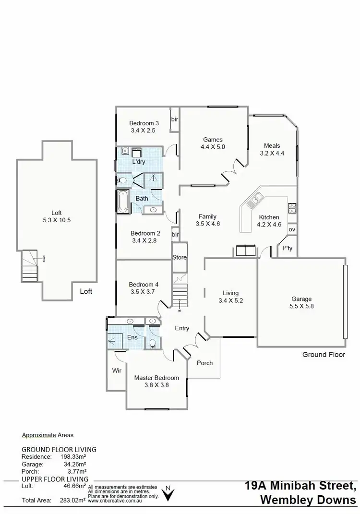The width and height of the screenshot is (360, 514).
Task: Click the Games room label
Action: tap(213, 140)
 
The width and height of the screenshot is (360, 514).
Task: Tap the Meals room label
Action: tap(272, 146)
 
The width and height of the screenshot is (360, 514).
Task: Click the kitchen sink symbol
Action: tap(254, 200)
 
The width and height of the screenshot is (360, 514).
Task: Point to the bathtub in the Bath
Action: tap(123, 202)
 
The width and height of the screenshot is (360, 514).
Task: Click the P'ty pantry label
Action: tap(288, 248)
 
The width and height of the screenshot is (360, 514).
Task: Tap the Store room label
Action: tap(180, 257)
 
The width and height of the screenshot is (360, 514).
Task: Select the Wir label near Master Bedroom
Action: tap(117, 370)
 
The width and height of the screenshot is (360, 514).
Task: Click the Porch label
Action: tap(205, 363)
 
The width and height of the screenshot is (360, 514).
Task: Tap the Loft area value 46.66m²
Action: tap(73, 486)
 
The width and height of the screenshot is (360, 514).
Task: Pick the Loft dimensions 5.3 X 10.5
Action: tap(57, 220)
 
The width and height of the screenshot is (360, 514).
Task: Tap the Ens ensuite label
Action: tap(132, 337)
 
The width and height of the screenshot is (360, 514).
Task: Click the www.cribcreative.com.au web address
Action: tap(114, 500)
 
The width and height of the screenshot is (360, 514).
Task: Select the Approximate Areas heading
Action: tap(48, 435)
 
